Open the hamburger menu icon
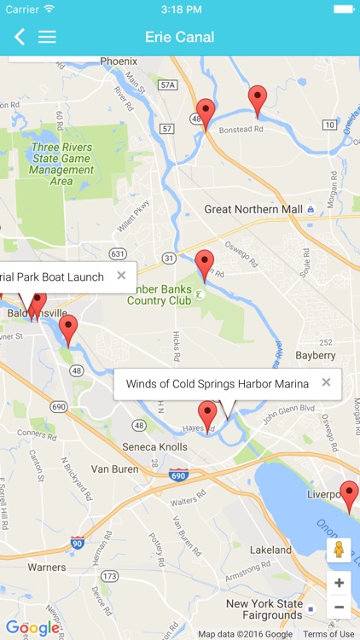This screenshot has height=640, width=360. pos(47,37)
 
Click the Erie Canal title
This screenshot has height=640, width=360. pos(180,37)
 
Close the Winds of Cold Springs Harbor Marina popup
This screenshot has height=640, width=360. pos(326,383)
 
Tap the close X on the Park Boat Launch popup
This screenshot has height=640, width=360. pos(121,276)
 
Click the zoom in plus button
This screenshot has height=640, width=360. pos(339,583)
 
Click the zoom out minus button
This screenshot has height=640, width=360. pos(339,607)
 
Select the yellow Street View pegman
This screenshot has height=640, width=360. pos(339,550)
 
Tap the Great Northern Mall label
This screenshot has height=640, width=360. pos(253,209)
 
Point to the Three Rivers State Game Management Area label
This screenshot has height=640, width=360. pos(61,164)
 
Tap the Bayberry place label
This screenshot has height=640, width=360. pos(316,355)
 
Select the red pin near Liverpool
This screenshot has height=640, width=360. pos(349,495)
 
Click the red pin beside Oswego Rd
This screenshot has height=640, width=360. pos(204,264)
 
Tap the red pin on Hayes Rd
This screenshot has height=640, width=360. pos(207,415)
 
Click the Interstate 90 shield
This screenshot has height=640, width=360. pos(78,543)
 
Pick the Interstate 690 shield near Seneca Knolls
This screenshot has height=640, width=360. pos(177,474)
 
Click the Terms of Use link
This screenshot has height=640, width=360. pos(328,634)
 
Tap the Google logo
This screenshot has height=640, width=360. pos(32,628)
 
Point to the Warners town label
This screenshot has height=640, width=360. pos(46,567)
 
